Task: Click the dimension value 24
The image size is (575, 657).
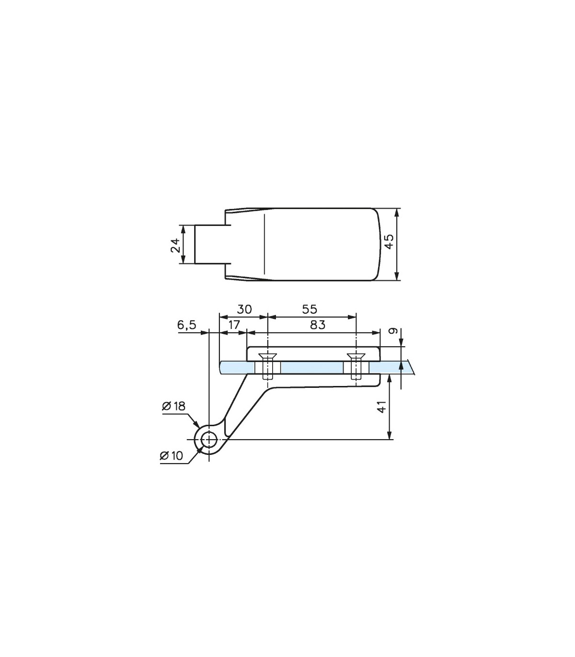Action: [175, 245]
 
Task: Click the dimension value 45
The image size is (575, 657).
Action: [389, 241]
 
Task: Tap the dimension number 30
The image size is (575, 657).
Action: [244, 309]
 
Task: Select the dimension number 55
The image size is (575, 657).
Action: [310, 309]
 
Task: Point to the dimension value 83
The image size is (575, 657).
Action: [318, 325]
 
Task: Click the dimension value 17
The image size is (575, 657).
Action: [234, 325]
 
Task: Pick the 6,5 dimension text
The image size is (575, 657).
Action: [186, 325]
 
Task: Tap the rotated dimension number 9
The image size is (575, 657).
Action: [395, 330]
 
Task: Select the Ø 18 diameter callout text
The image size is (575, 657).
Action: [173, 406]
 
